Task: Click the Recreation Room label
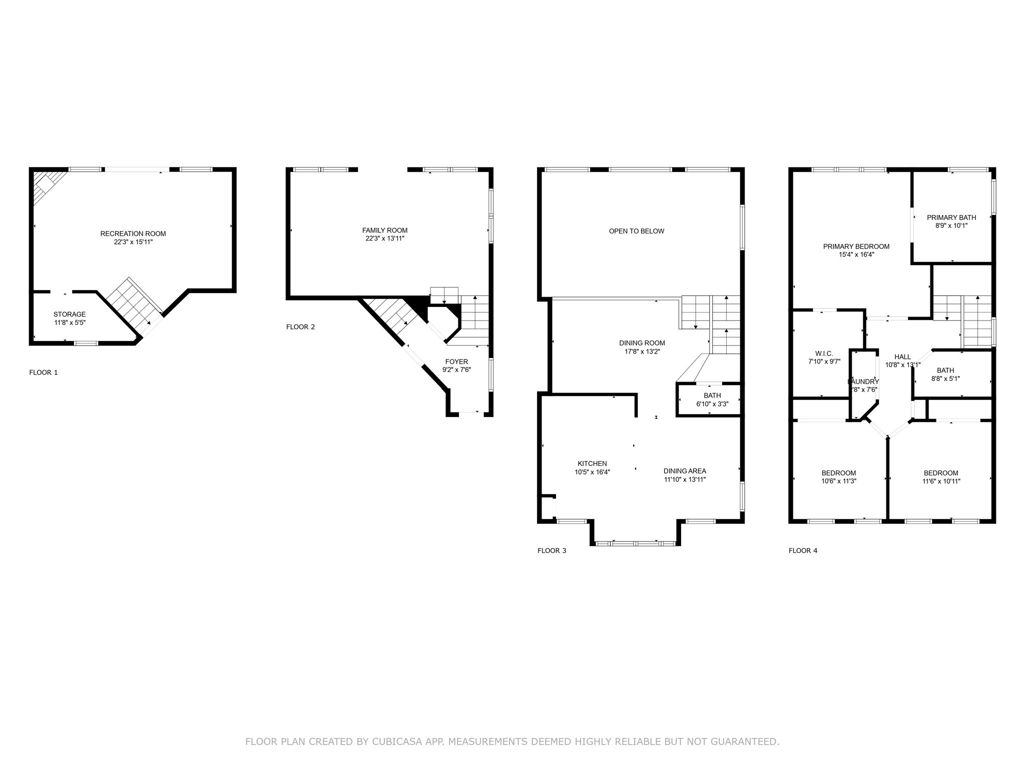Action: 133,233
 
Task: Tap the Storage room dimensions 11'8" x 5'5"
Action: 70,323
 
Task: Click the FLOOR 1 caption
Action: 44,372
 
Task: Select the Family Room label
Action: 384,230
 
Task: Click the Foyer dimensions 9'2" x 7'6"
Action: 456,370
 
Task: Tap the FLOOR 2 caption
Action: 300,327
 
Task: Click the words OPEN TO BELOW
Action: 636,231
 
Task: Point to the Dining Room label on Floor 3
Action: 642,343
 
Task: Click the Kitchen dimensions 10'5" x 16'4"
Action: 592,472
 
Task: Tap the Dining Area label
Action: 684,471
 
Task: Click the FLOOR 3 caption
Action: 552,550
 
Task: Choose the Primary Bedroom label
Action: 856,246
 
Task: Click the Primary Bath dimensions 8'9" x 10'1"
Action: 951,225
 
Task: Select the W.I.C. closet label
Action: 824,353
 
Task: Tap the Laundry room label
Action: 863,381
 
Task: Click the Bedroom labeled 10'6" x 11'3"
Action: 838,473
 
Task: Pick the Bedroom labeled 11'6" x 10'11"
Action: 940,473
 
